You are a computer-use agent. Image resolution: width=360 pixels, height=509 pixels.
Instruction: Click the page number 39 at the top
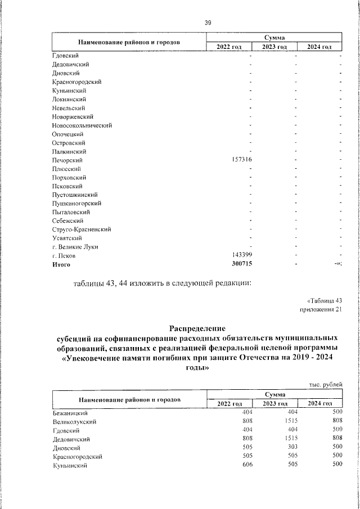point(208,22)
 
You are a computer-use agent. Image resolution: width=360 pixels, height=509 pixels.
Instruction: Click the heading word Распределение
point(197,328)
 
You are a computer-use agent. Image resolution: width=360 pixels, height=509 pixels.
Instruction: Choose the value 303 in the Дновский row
point(291,447)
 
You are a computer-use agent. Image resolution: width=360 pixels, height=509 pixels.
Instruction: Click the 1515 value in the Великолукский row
point(289,421)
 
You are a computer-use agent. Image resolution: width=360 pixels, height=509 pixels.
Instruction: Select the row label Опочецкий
point(67,134)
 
